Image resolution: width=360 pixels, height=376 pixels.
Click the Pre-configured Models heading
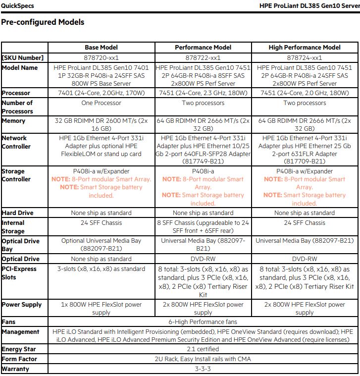tap(43, 22)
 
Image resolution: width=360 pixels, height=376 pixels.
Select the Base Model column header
tap(101, 48)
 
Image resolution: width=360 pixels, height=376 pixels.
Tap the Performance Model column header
tap(203, 48)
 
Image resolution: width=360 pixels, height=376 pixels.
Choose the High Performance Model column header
tap(305, 48)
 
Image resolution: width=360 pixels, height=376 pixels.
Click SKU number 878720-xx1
tap(101, 57)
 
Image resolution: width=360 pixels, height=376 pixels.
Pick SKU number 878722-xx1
tap(203, 57)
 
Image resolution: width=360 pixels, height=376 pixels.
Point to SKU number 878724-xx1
tap(305, 57)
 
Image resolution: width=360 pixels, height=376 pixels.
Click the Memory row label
tap(13, 121)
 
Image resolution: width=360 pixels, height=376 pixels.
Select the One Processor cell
tap(101, 103)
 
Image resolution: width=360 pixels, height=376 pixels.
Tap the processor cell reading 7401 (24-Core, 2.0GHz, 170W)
tap(101, 93)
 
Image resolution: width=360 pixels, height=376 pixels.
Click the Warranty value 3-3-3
tap(203, 369)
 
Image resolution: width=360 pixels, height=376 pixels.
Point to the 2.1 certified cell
tap(203, 349)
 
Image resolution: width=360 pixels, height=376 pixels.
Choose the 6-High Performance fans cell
tap(203, 322)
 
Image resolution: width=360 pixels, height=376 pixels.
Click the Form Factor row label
tap(19, 359)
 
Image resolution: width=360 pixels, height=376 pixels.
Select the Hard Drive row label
tap(18, 213)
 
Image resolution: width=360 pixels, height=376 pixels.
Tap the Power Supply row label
tap(22, 305)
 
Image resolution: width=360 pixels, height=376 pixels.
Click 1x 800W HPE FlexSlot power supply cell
tap(101, 309)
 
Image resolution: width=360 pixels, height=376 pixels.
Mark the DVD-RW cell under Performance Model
tap(203, 259)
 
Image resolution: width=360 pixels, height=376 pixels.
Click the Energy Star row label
tap(19, 349)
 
